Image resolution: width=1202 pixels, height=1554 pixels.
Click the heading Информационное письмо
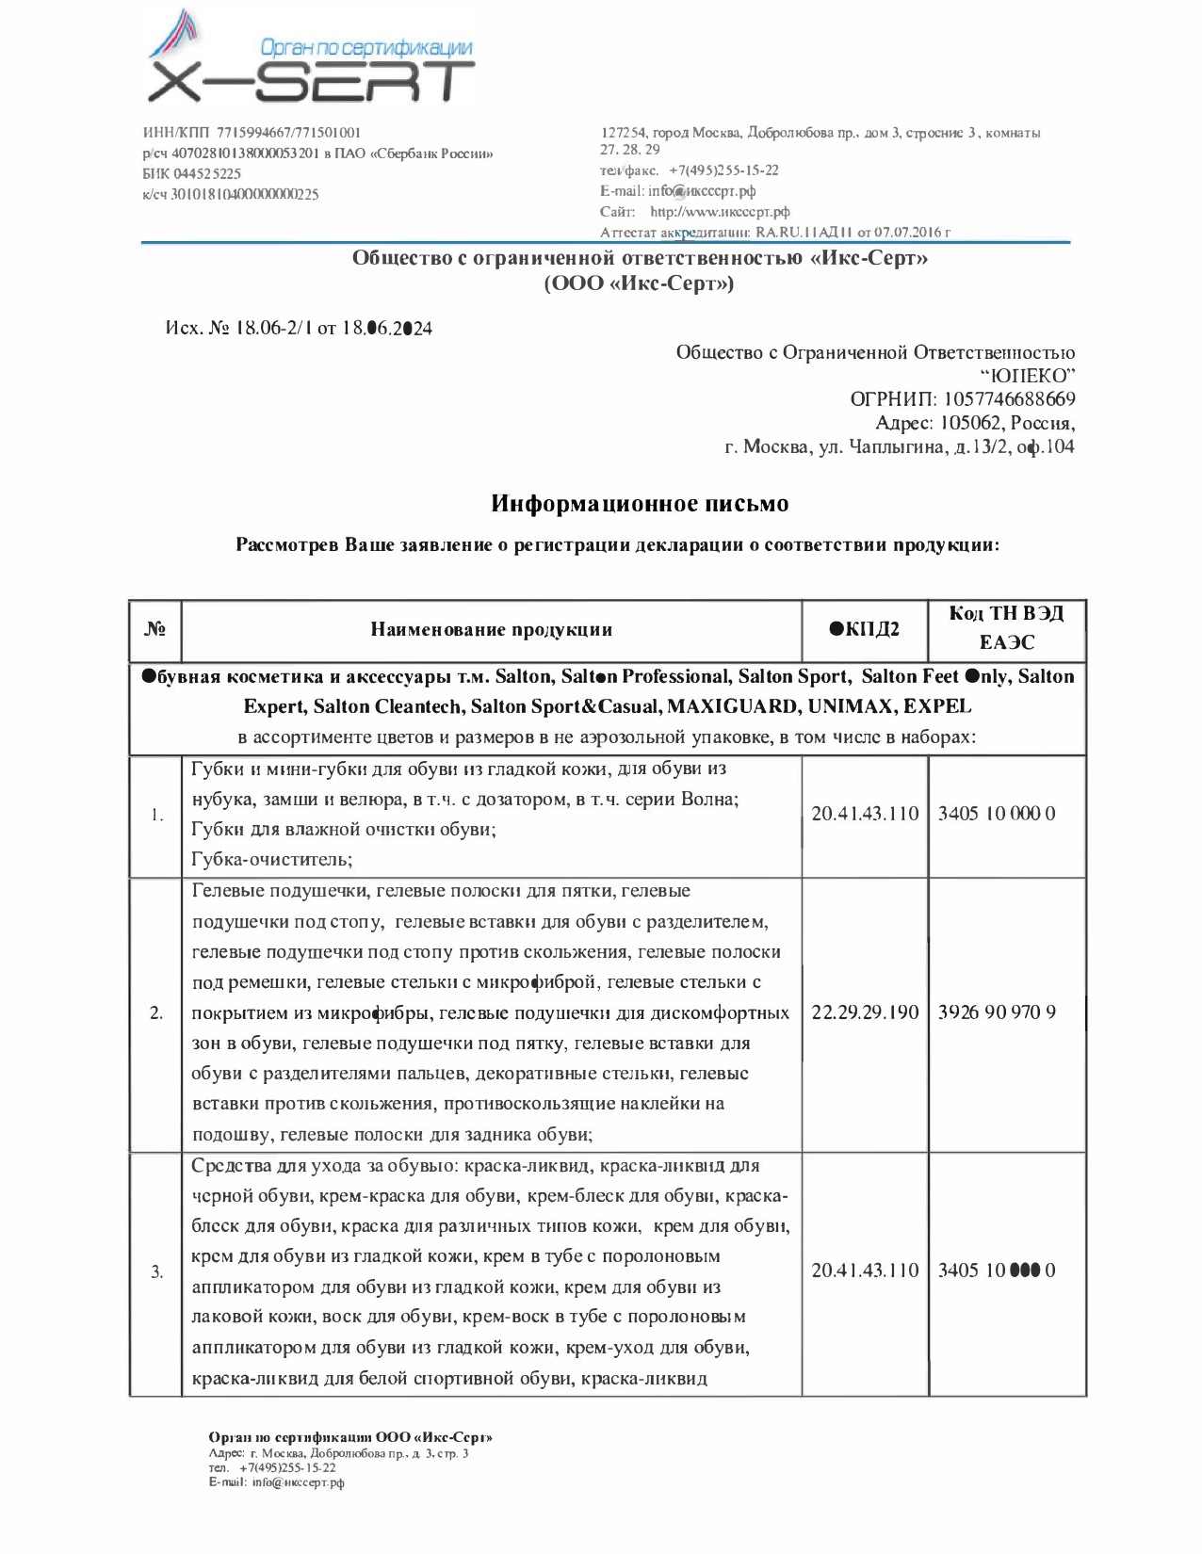640,504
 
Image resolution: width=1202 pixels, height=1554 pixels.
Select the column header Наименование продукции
491,630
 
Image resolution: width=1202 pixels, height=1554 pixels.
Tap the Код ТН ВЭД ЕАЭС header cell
1006,628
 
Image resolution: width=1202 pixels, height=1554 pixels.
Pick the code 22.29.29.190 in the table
865,1013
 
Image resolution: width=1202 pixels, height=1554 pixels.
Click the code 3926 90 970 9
997,1013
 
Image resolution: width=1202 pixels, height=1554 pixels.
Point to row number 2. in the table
156,1013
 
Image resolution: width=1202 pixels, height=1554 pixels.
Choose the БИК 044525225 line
192,174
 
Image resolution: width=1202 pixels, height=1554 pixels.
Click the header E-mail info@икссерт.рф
678,191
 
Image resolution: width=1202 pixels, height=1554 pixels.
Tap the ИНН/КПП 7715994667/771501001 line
252,133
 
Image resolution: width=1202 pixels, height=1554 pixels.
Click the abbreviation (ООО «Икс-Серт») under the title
639,283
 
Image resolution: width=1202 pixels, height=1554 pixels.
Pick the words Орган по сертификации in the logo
365,49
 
